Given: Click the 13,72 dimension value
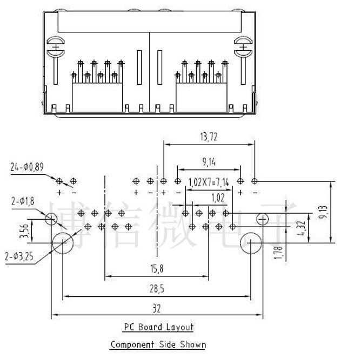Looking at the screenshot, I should point(208,137).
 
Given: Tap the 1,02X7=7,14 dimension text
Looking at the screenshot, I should point(209,182).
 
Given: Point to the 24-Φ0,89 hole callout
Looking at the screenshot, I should point(26,167).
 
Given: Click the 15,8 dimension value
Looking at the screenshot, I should point(157,269).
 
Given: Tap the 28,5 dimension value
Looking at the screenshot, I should point(156,289).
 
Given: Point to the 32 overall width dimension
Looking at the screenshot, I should point(157,309).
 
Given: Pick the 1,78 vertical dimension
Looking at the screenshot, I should point(277,252).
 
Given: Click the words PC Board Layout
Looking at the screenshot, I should point(158,327).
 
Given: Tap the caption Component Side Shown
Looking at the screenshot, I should point(158,344).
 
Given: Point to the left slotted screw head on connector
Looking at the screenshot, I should point(55,46).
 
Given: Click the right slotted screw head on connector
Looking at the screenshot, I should point(243,46).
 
